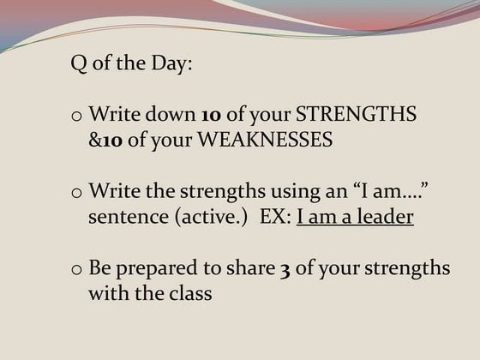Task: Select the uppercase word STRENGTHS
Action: pos(356,114)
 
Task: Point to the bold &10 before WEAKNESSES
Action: pos(105,140)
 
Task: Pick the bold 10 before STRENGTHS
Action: pos(211,114)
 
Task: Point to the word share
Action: pos(251,267)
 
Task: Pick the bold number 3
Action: pos(284,268)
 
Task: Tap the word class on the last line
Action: pos(189,293)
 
